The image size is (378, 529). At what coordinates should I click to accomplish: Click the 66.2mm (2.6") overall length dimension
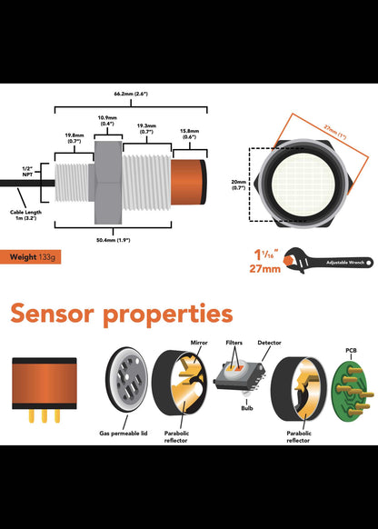coord(132,93)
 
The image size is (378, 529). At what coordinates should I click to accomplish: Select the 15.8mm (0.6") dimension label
coord(190,134)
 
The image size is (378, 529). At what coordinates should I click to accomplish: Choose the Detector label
coord(269,344)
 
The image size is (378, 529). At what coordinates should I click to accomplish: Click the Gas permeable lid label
coord(124,434)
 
